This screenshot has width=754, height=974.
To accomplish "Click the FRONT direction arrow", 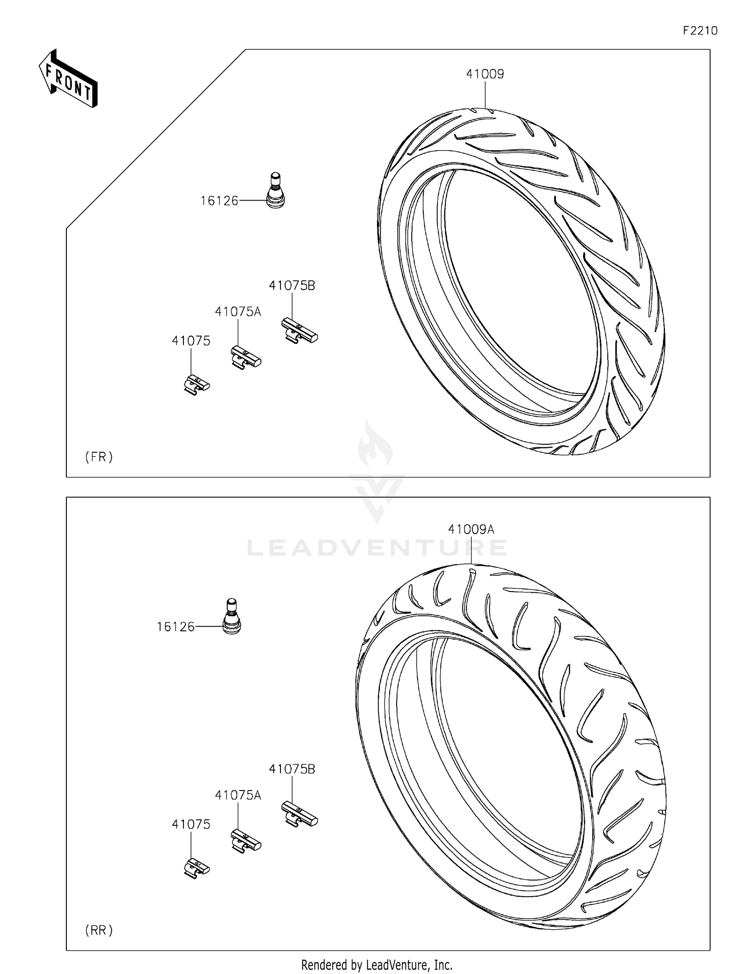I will pyautogui.click(x=68, y=79).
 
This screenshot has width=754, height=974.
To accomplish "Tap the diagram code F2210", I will pyautogui.click(x=700, y=31).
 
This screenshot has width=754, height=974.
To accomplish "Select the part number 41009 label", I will pyautogui.click(x=485, y=74).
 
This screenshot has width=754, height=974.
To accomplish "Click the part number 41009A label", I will pyautogui.click(x=471, y=529).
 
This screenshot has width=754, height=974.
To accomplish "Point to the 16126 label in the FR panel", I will pyautogui.click(x=219, y=201).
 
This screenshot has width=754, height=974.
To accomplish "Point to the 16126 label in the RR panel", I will pyautogui.click(x=175, y=627).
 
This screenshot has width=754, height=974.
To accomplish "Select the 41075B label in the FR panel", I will pyautogui.click(x=292, y=285).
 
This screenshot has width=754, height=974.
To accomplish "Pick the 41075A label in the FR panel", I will pyautogui.click(x=238, y=312).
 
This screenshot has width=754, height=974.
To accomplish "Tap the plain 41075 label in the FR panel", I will pyautogui.click(x=191, y=341).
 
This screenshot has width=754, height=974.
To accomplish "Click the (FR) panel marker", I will pyautogui.click(x=99, y=457).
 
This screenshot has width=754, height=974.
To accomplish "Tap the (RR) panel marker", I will pyautogui.click(x=99, y=930).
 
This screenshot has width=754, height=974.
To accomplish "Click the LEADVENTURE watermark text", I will pyautogui.click(x=377, y=548).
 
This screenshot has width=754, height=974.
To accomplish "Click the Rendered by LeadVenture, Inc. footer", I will pyautogui.click(x=376, y=965).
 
